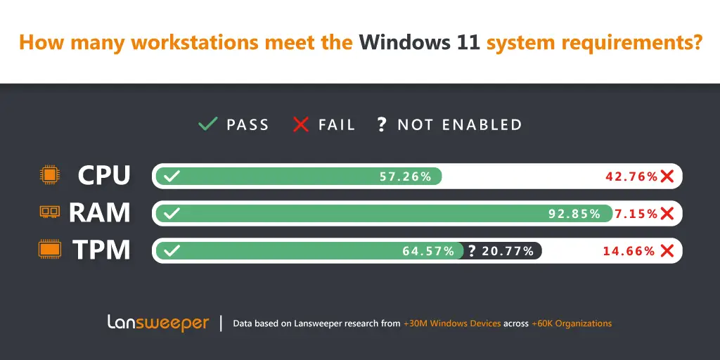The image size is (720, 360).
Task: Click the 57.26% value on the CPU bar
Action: pos(406,176)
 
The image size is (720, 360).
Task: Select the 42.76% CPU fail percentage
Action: pos(631,176)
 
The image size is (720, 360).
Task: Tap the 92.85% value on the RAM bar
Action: pos(574,214)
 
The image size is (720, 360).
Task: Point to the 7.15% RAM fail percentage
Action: pos(636,214)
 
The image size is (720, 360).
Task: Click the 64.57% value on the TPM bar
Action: pos(428,251)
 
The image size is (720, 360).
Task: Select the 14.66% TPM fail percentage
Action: pos(629,251)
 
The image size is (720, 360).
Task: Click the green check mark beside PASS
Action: pos(207,124)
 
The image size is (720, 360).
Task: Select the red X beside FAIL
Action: pos(301,124)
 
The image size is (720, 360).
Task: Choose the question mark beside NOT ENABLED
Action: pos(381,125)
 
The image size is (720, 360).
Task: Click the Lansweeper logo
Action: pos(158,323)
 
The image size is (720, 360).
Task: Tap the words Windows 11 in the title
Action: pos(420,42)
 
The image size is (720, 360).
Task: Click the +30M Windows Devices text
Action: pos(451,323)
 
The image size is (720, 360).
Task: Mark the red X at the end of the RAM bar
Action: pos(667,214)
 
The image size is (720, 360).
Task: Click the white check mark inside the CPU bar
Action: pos(170,176)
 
